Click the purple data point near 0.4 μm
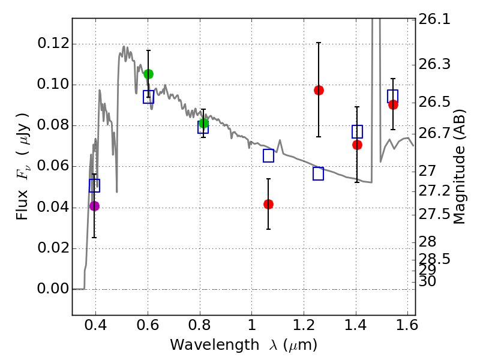[x=94, y=206]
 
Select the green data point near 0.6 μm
[x=148, y=74]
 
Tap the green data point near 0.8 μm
[x=203, y=124]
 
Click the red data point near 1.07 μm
[x=268, y=204]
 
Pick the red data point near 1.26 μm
[x=319, y=90]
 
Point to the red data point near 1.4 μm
[x=357, y=145]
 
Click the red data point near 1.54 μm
[x=393, y=104]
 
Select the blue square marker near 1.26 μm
[x=319, y=173]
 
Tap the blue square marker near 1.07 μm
[x=268, y=155]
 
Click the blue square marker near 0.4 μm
[x=94, y=185]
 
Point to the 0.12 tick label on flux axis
[x=52, y=44]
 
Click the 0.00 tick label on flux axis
[x=52, y=289]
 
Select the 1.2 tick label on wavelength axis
[x=304, y=326]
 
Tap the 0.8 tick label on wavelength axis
[x=199, y=326]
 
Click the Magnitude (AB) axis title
[x=460, y=166]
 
